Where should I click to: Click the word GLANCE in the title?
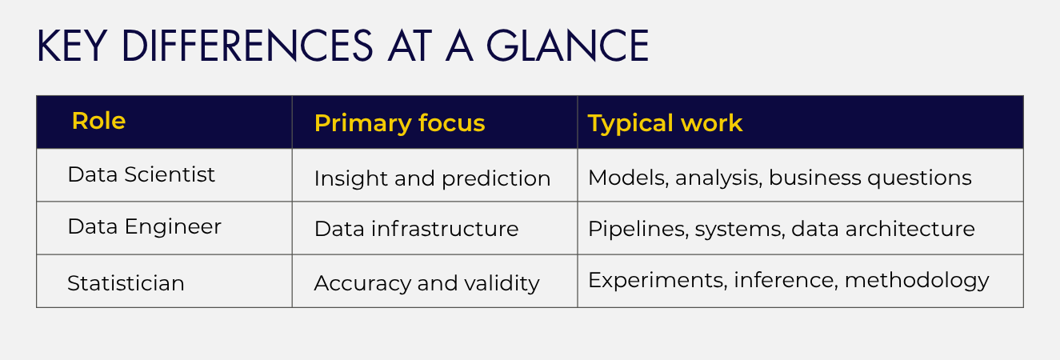click(x=567, y=46)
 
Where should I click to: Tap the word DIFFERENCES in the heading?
click(x=247, y=46)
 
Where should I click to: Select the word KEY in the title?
click(x=71, y=46)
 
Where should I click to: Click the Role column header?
click(x=98, y=121)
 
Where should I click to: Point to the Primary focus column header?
click(x=399, y=124)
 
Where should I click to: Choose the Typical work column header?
click(x=665, y=124)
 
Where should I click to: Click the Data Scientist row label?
click(x=141, y=174)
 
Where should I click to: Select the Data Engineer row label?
click(x=144, y=227)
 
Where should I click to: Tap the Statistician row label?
click(x=126, y=283)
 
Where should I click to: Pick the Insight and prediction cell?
click(x=432, y=179)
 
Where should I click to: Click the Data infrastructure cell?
click(x=416, y=229)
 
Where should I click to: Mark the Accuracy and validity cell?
click(x=426, y=283)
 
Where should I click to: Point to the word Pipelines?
click(x=638, y=230)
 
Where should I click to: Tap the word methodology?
click(x=917, y=281)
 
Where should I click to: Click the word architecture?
click(x=910, y=229)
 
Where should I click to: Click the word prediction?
click(x=496, y=179)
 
